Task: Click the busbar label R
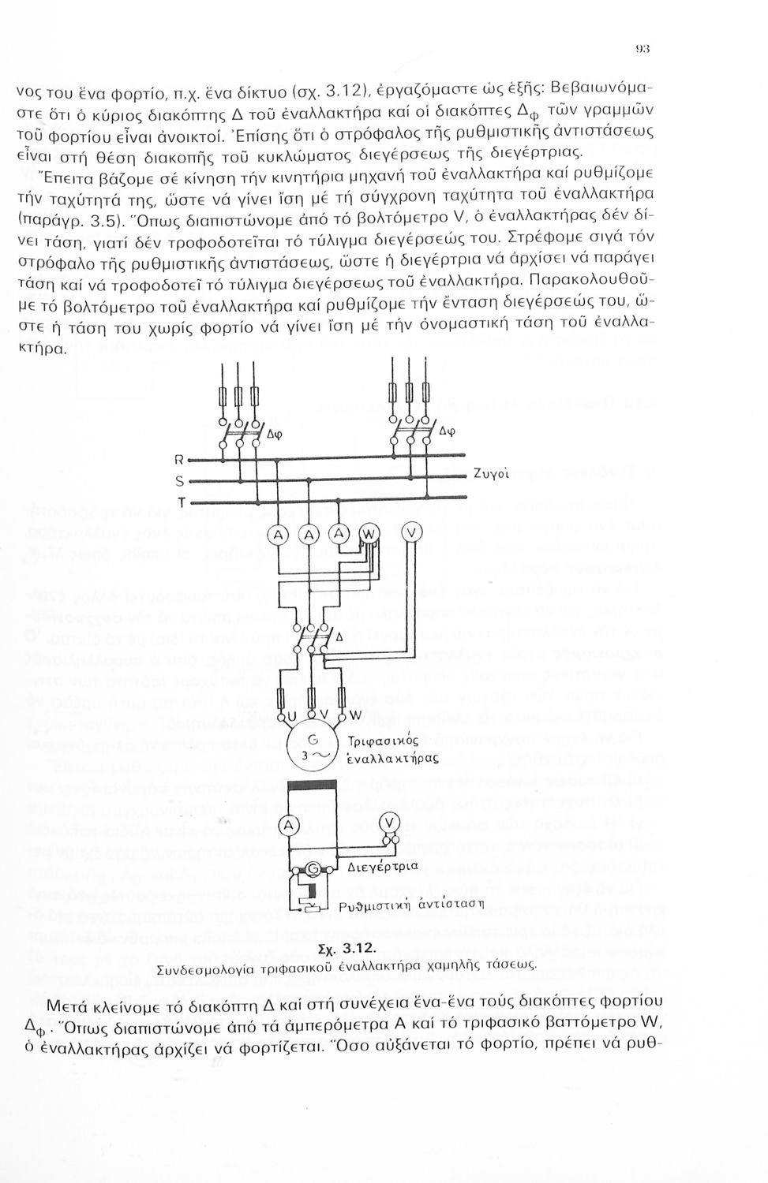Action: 179,460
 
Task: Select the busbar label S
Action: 179,481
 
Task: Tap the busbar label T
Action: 180,502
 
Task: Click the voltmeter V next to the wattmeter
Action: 412,534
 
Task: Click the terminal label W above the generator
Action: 354,715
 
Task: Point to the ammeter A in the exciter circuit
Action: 290,824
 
